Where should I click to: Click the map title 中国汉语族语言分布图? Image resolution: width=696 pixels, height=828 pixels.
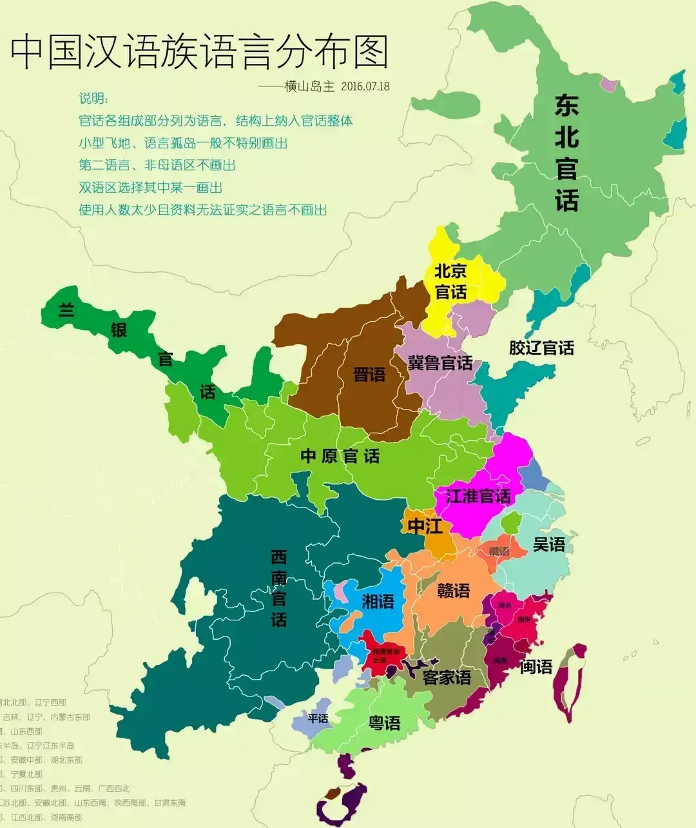[x=200, y=52]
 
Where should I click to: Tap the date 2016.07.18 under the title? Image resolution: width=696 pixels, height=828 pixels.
[x=365, y=86]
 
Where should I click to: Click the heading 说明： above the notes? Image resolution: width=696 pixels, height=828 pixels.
[x=94, y=99]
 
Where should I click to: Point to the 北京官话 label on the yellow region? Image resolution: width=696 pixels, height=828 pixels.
[x=450, y=281]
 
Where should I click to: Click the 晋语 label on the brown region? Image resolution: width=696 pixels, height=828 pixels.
[x=369, y=374]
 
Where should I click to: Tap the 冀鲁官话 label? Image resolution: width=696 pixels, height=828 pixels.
[x=440, y=363]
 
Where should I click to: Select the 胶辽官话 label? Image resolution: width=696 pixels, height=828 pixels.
[x=541, y=348]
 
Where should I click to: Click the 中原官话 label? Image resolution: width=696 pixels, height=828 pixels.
[x=340, y=456]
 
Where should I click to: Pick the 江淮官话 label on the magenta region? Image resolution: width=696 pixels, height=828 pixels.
[x=478, y=496]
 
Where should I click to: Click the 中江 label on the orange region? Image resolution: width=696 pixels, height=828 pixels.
[x=425, y=526]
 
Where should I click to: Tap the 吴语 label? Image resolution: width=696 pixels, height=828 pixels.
[x=549, y=544]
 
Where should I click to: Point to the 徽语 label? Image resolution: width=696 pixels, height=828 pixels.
[x=499, y=551]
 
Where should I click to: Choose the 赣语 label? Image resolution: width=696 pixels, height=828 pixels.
[x=454, y=590]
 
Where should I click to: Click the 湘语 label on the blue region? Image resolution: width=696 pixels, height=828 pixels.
[x=378, y=602]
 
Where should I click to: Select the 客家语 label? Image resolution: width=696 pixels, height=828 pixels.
[x=447, y=677]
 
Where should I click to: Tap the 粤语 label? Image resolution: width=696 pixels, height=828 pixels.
[x=384, y=723]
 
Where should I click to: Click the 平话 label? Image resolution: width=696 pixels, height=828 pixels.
[x=318, y=718]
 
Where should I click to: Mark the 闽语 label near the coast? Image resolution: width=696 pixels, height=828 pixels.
[x=536, y=666]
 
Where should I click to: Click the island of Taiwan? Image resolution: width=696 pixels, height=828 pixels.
[x=570, y=684]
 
